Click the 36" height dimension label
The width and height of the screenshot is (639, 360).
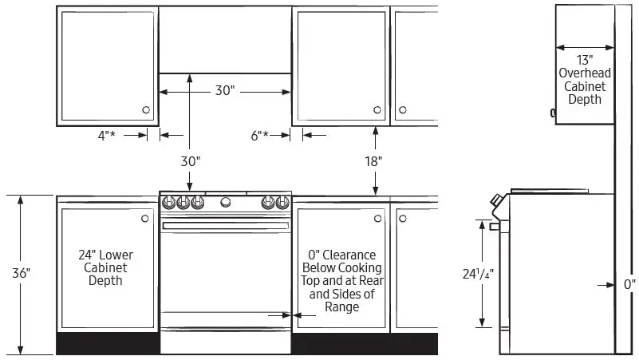pos(22,273)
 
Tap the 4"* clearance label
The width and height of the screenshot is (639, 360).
pos(106,135)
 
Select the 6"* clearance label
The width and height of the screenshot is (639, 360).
pos(260,135)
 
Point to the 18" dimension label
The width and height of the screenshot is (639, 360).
pos(373,161)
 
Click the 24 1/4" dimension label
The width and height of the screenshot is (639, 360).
pos(478,274)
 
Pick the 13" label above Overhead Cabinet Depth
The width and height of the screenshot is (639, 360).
pos(585,60)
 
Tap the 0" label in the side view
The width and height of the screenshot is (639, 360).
pos(629,284)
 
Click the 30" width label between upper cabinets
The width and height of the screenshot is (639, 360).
pos(225,90)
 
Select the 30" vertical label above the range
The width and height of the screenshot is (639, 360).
pos(191,161)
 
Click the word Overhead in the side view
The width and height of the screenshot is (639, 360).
pos(585,73)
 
